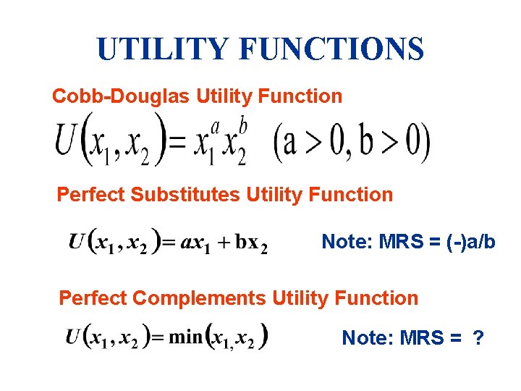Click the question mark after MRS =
pos(478,337)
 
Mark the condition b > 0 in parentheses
pos(389,143)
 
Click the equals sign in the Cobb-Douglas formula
pos(178,145)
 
